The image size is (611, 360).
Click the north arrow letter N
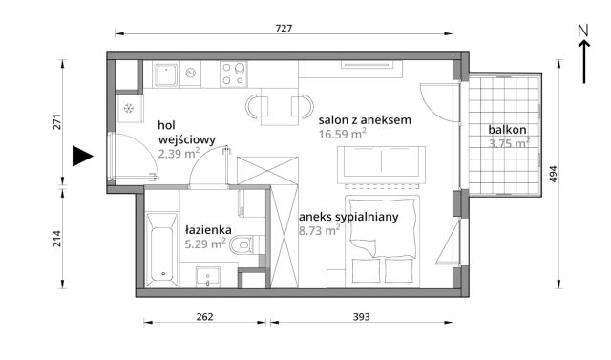(x=582, y=31)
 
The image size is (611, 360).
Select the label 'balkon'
(x=507, y=130)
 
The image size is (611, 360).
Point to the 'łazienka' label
(x=205, y=229)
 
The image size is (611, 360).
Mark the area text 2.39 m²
(x=179, y=152)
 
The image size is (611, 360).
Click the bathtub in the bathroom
(x=162, y=249)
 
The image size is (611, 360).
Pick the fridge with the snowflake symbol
(x=128, y=108)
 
